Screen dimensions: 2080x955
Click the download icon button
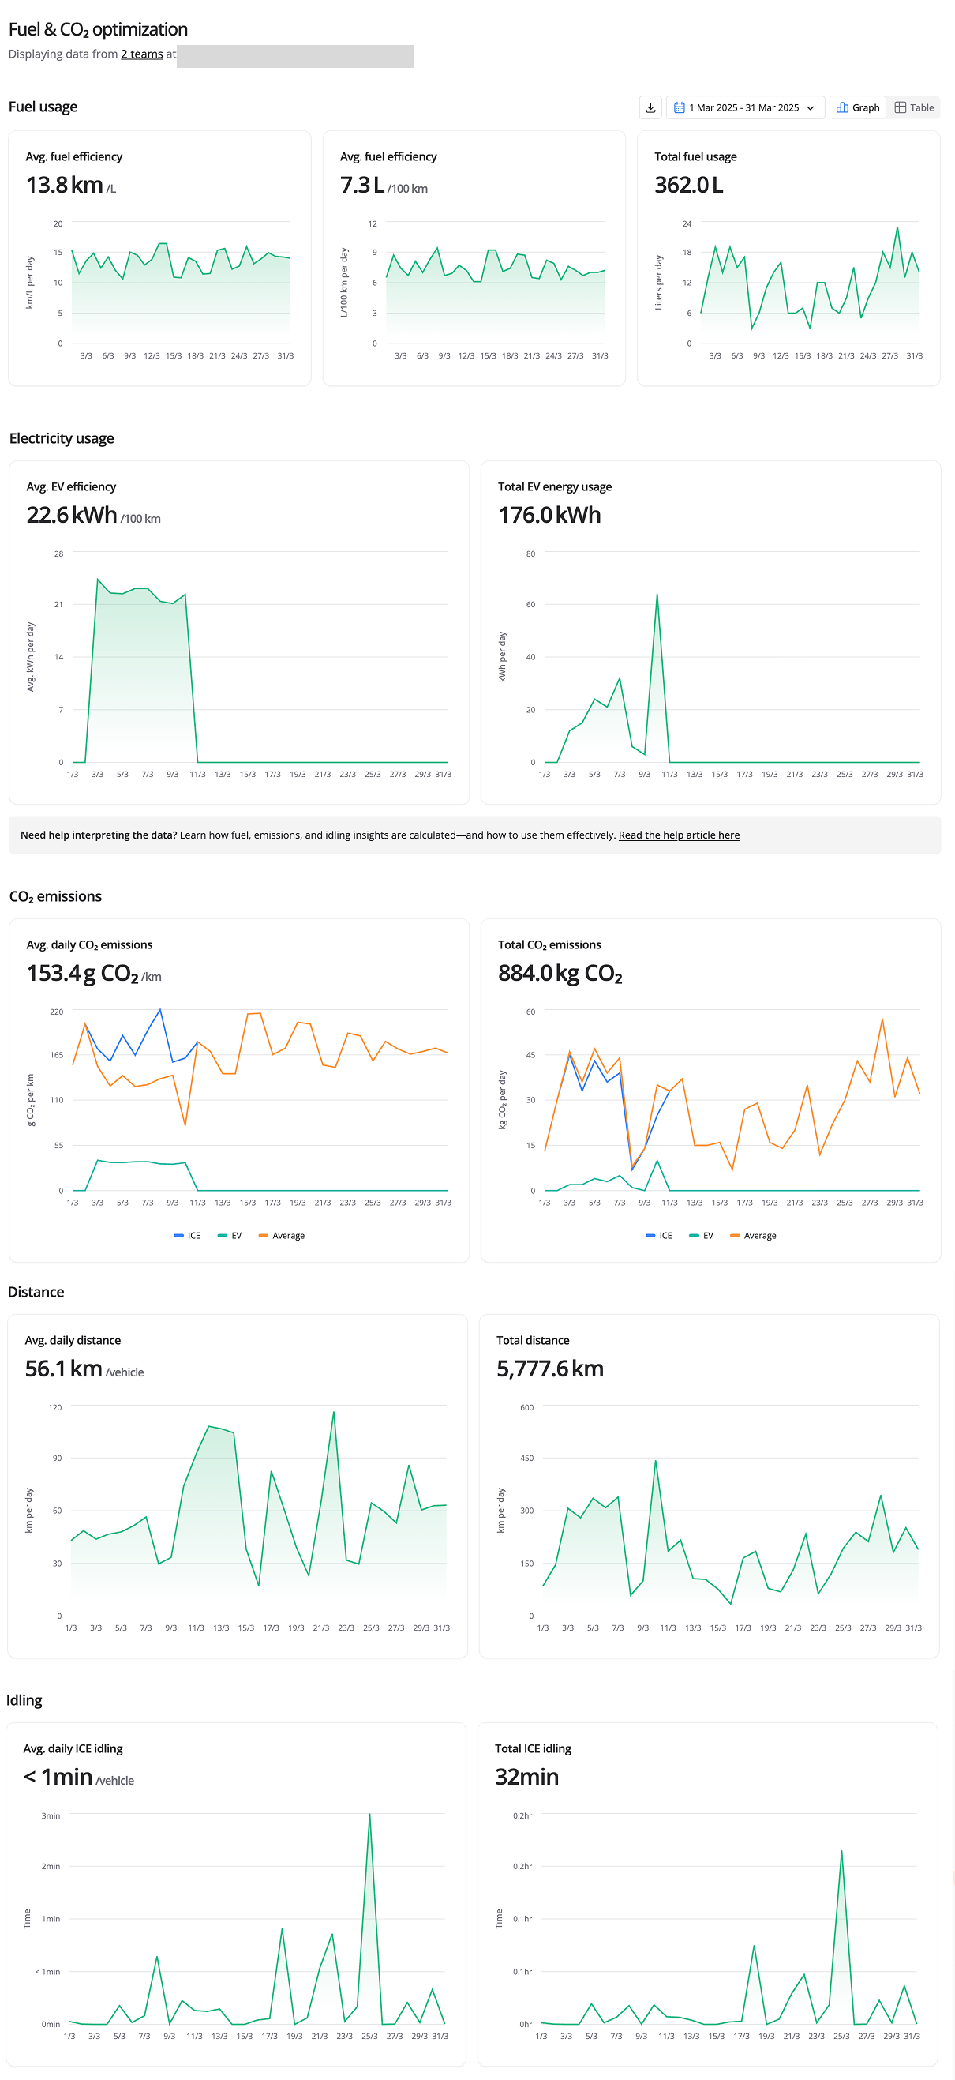pyautogui.click(x=650, y=107)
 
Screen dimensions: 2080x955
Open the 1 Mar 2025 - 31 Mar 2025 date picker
pyautogui.click(x=744, y=107)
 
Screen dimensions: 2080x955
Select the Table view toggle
pyautogui.click(x=914, y=107)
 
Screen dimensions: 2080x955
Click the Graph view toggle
pyautogui.click(x=857, y=107)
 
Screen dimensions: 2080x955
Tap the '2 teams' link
pyautogui.click(x=142, y=54)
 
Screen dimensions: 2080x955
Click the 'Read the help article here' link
pyautogui.click(x=678, y=835)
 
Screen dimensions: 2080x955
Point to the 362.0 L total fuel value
pyautogui.click(x=688, y=185)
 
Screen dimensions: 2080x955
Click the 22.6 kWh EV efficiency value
pyautogui.click(x=72, y=515)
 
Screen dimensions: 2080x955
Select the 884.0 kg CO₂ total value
pyautogui.click(x=560, y=973)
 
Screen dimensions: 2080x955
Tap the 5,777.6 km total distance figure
pyautogui.click(x=550, y=1369)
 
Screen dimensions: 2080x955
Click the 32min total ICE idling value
pyautogui.click(x=526, y=1777)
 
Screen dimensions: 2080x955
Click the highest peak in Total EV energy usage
pyautogui.click(x=657, y=595)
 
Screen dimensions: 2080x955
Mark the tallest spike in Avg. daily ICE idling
pyautogui.click(x=369, y=1815)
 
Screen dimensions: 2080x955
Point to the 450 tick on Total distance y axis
pyautogui.click(x=526, y=1459)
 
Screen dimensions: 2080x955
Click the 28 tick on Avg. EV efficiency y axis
pyautogui.click(x=58, y=554)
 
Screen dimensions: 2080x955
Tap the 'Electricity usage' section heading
pyautogui.click(x=62, y=438)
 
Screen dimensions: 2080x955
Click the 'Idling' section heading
pyautogui.click(x=24, y=1699)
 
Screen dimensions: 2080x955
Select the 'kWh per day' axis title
pyautogui.click(x=502, y=657)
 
